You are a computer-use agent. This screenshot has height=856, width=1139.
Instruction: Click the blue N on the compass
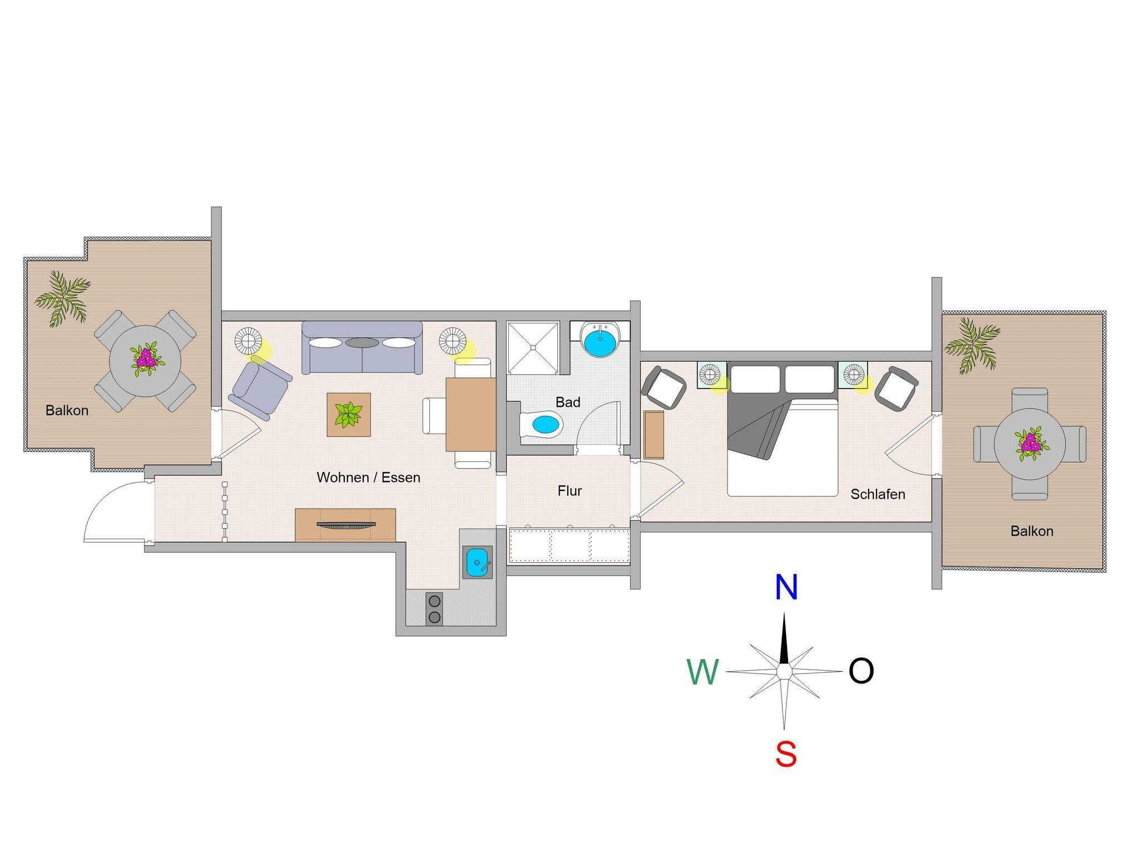click(x=786, y=587)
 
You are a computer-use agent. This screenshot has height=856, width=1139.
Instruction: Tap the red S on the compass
click(x=786, y=755)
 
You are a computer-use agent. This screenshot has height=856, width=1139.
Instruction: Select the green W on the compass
click(x=703, y=672)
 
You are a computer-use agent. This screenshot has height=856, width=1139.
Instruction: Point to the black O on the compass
click(x=861, y=671)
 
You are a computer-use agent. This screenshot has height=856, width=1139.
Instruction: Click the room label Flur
click(x=569, y=491)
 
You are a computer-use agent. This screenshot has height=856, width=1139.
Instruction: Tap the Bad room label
click(x=568, y=402)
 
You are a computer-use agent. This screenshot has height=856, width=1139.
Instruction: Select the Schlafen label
click(x=878, y=494)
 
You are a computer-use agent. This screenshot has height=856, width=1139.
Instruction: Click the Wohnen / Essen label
click(x=368, y=478)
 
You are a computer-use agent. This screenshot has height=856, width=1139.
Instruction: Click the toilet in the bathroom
click(x=541, y=426)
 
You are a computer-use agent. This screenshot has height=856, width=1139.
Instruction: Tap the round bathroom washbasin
click(x=600, y=340)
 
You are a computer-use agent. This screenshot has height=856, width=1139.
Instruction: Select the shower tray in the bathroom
click(x=533, y=348)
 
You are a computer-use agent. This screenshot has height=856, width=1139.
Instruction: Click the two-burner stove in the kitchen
click(x=434, y=608)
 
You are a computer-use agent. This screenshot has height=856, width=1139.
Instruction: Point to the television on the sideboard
click(x=345, y=524)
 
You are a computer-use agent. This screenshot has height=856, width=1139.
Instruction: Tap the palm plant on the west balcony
click(x=62, y=298)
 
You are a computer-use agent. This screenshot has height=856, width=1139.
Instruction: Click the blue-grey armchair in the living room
click(x=260, y=387)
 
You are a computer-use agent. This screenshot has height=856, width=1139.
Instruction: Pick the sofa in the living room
click(x=362, y=347)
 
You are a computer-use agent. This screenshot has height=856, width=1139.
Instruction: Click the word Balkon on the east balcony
click(x=1032, y=531)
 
